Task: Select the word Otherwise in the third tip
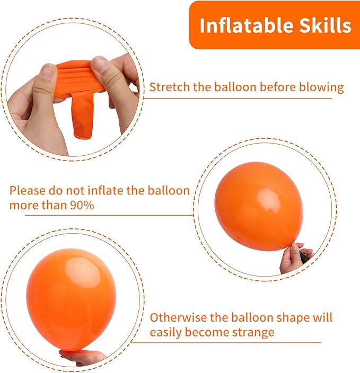(x=175, y=318)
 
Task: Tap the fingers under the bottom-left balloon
(x=85, y=357)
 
